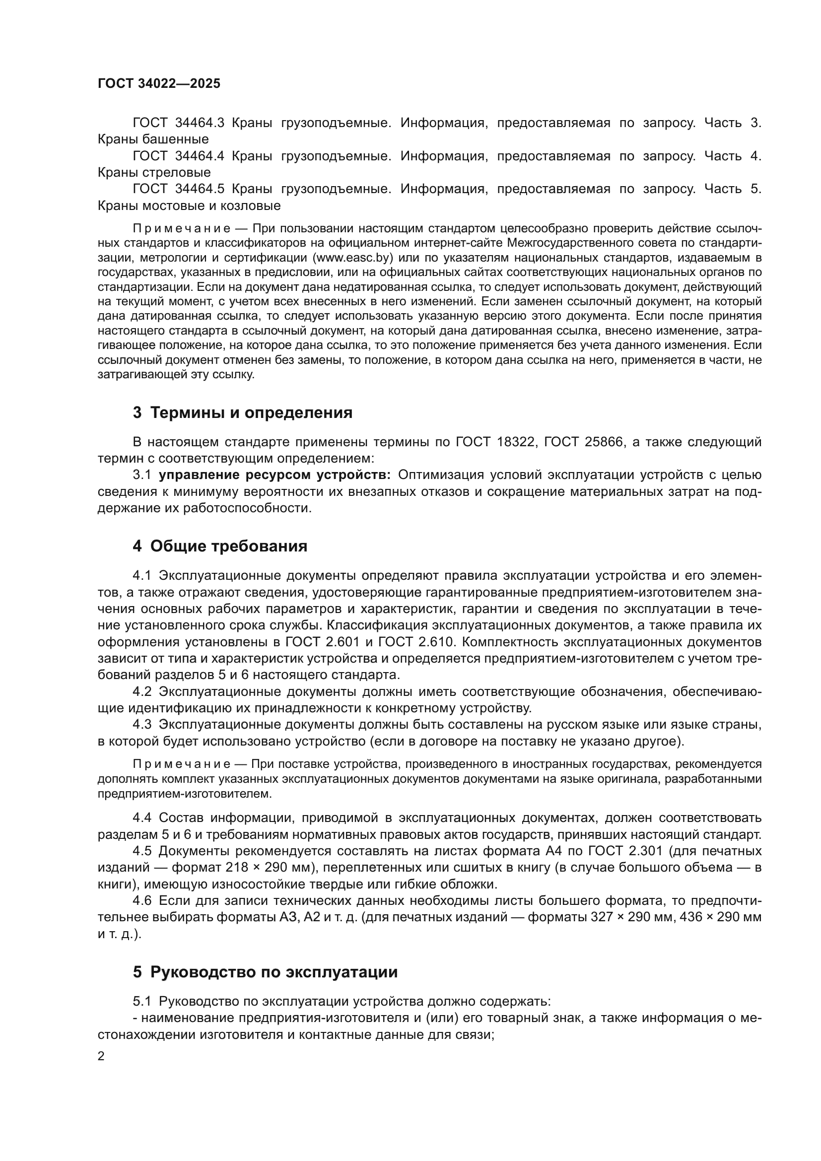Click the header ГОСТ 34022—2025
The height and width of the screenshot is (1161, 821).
pos(159,84)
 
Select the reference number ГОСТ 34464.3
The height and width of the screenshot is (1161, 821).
pos(178,123)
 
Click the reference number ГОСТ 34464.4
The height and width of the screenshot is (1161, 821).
pos(178,156)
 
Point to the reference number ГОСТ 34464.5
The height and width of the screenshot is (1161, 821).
pos(178,189)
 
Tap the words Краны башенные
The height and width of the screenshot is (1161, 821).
pos(153,139)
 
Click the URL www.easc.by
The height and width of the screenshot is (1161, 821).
pos(353,258)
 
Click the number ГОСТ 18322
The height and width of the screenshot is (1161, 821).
pos(495,442)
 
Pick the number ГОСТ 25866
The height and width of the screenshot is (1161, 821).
pos(583,442)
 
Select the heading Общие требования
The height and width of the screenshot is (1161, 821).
pos(228,546)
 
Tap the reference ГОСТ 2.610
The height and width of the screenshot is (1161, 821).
pos(415,642)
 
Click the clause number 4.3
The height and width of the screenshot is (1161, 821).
pos(142,725)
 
